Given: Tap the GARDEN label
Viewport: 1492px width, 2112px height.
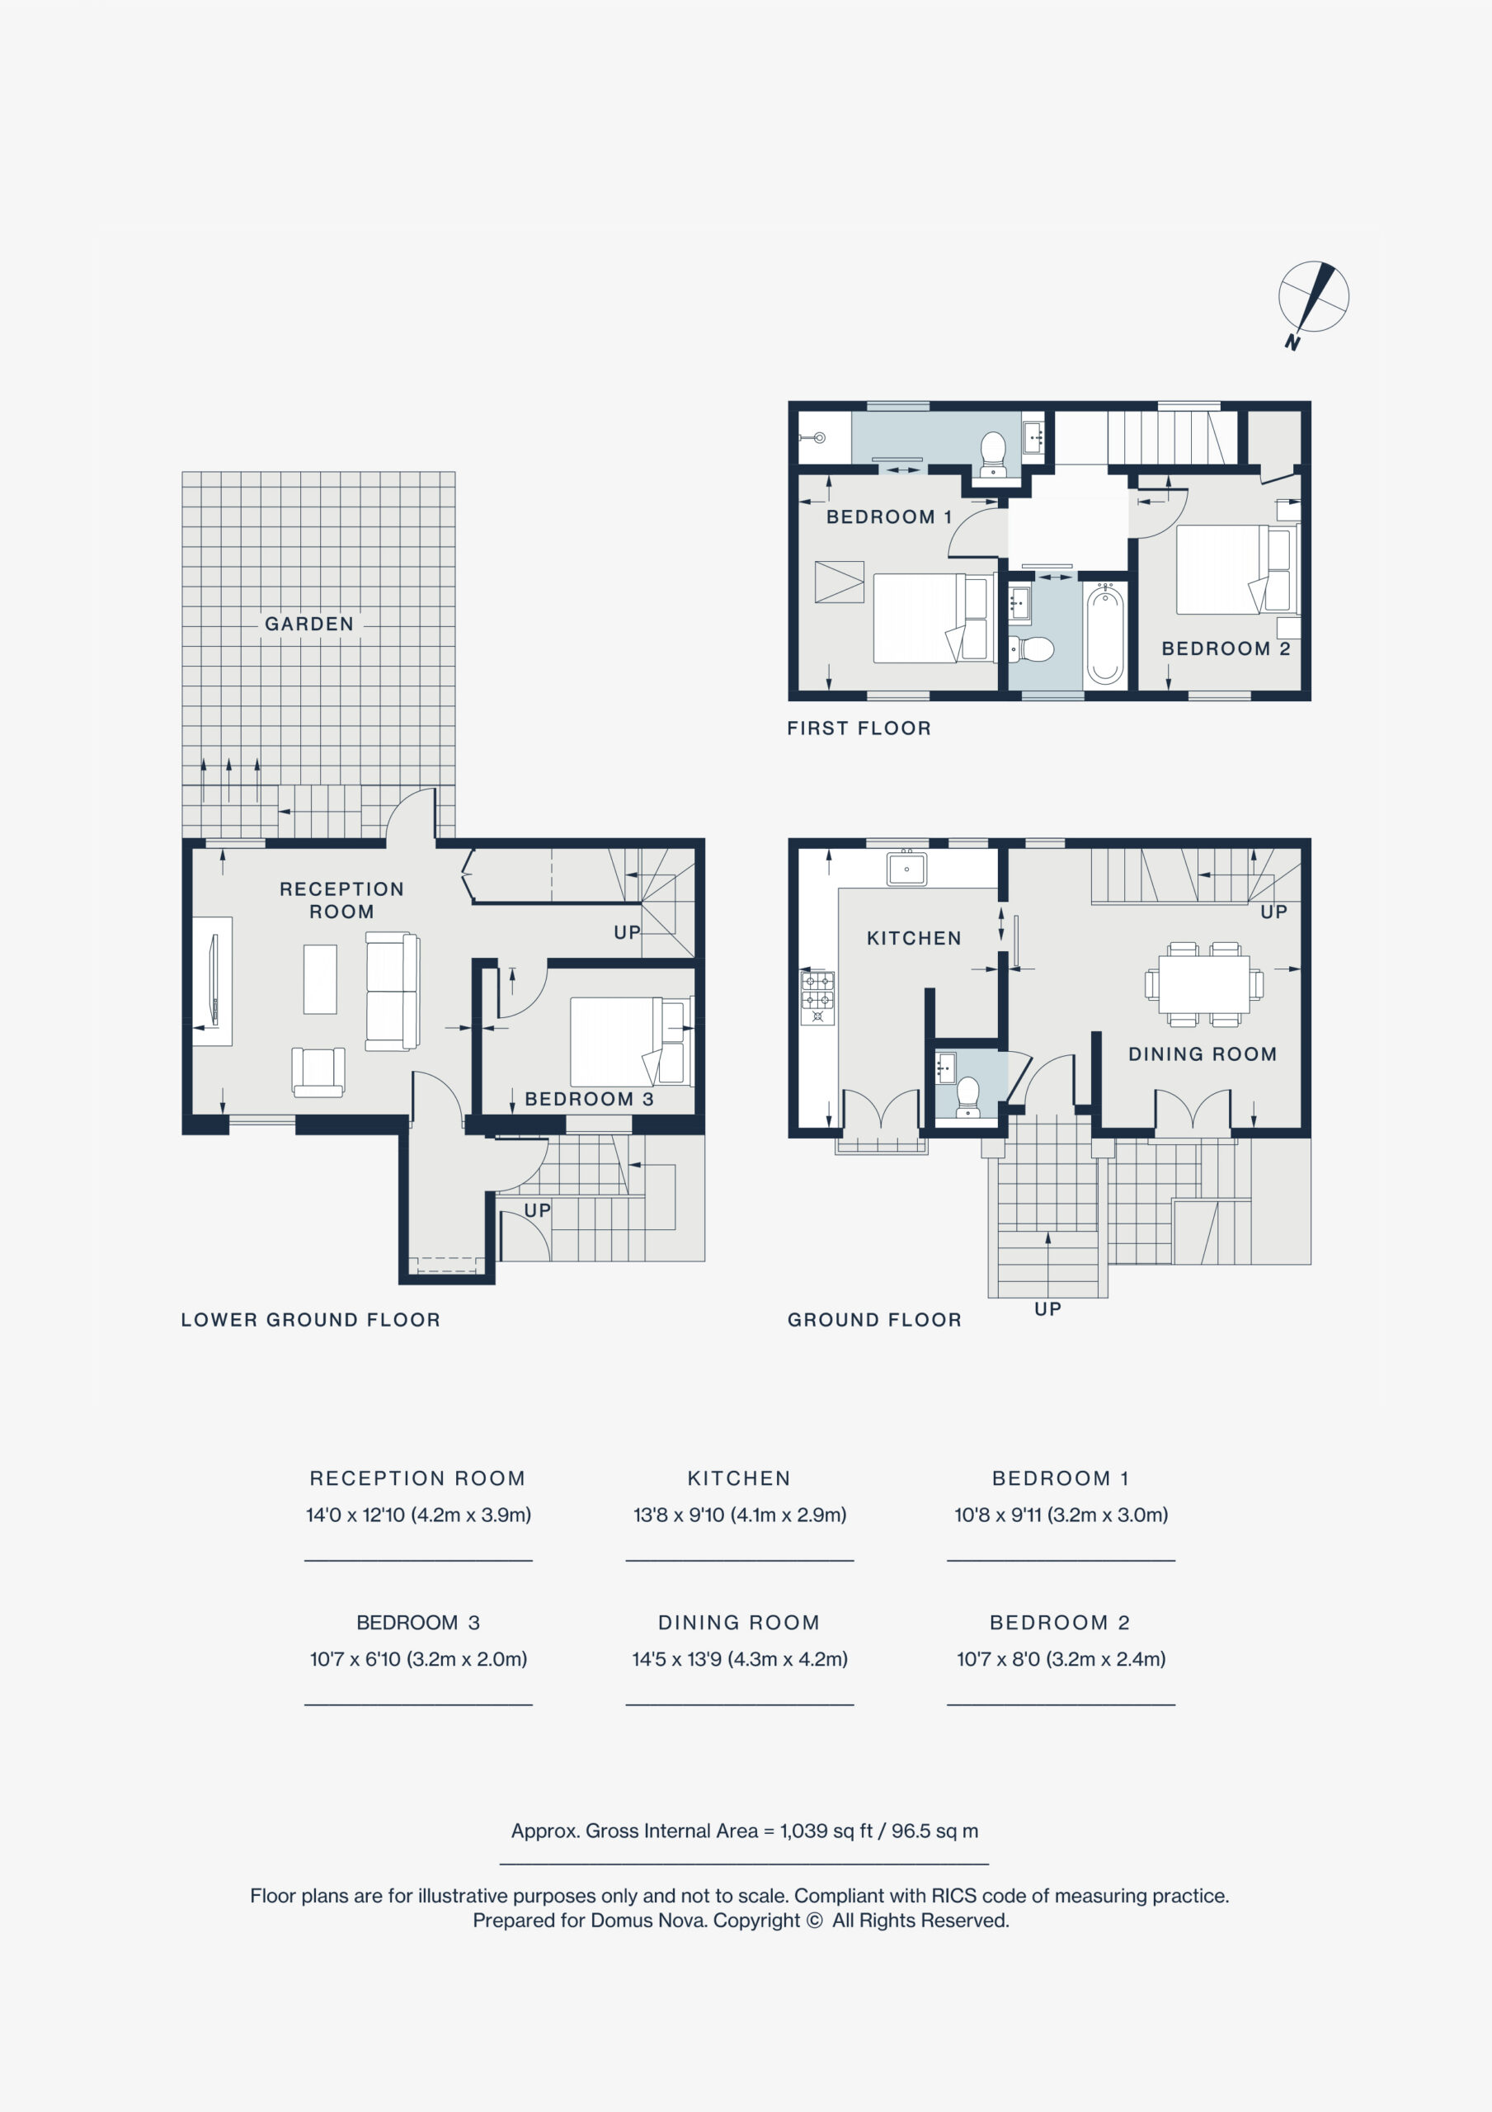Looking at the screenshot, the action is pyautogui.click(x=309, y=624).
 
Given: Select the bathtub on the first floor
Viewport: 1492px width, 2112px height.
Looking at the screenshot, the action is pyautogui.click(x=1104, y=635).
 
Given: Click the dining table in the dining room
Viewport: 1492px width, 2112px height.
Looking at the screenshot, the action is pyautogui.click(x=1204, y=984).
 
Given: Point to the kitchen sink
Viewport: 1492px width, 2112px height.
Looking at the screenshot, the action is pyautogui.click(x=906, y=869).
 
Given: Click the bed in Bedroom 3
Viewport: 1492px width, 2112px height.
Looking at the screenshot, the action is pyautogui.click(x=631, y=1042).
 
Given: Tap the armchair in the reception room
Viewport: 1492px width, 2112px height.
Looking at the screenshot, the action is pyautogui.click(x=318, y=1072).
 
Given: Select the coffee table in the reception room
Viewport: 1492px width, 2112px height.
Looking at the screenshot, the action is pyautogui.click(x=320, y=978).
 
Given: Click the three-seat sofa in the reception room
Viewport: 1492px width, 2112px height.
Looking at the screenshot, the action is pyautogui.click(x=393, y=991).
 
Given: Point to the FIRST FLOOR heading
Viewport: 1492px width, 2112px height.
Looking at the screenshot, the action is pyautogui.click(x=859, y=728).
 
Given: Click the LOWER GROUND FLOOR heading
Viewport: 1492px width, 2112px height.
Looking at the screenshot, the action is pyautogui.click(x=311, y=1320).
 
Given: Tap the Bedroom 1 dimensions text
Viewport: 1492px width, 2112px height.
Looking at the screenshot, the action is pyautogui.click(x=1061, y=1515).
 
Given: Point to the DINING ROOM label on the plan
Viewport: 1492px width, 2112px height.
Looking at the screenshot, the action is pyautogui.click(x=1203, y=1054).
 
